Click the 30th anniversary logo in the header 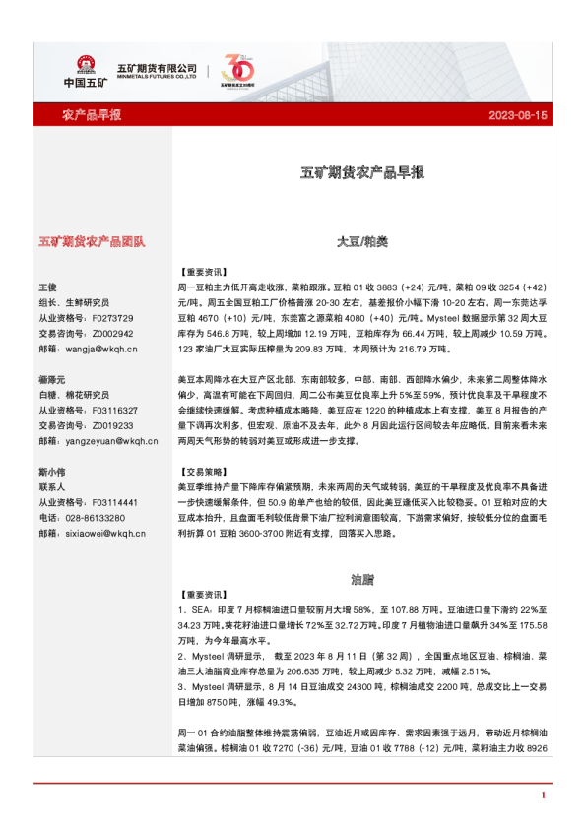(x=239, y=70)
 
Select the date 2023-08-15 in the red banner (x=518, y=116)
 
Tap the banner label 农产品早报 (x=92, y=116)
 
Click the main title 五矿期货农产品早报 (x=361, y=172)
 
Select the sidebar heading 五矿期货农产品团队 (x=92, y=240)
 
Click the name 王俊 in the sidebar (x=48, y=287)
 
